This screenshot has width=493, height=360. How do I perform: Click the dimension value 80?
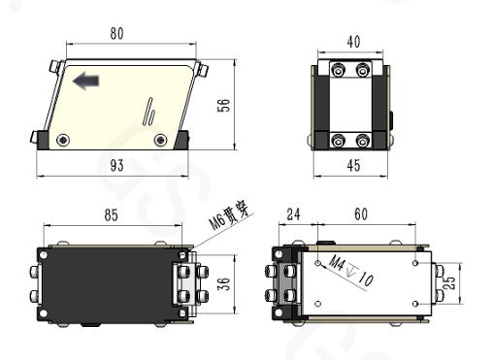[116, 33]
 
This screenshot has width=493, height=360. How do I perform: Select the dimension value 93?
[116, 165]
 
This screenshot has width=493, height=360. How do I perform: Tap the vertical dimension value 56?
[223, 106]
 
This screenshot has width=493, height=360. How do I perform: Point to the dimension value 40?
[353, 42]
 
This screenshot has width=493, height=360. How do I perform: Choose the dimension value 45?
[353, 165]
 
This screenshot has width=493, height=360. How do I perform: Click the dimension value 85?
[112, 215]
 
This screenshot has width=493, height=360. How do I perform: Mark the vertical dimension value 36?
[223, 283]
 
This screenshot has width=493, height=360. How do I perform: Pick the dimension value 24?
[293, 214]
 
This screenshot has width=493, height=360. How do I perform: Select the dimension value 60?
[361, 214]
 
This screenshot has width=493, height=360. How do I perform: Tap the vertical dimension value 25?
[449, 283]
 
